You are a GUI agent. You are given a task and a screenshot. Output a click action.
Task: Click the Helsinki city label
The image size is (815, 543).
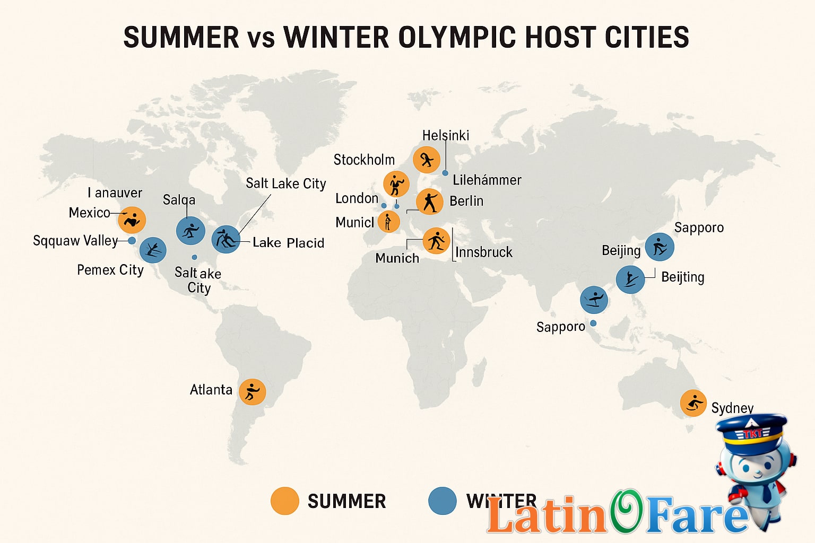point(446,136)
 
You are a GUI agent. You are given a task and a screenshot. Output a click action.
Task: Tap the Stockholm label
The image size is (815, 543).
point(364,160)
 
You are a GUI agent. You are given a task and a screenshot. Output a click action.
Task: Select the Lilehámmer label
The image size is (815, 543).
point(487,180)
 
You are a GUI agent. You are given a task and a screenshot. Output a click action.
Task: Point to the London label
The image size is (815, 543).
point(357,198)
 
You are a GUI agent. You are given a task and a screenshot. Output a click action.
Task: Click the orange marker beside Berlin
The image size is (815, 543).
point(429,202)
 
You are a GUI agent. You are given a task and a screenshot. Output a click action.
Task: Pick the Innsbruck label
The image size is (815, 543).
point(484,252)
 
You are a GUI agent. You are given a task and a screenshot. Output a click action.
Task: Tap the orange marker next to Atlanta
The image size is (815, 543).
point(252,392)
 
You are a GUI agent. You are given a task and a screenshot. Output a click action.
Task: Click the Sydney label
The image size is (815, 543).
point(732,408)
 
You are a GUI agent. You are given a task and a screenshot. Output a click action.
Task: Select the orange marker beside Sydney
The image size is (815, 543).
point(693,404)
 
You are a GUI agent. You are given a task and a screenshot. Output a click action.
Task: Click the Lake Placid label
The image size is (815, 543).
point(288,243)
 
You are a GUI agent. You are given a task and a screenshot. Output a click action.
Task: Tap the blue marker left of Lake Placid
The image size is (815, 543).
point(226,239)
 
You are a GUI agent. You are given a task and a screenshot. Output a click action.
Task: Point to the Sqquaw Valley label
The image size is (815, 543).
point(75,241)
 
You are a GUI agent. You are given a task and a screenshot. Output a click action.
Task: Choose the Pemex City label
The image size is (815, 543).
point(110,270)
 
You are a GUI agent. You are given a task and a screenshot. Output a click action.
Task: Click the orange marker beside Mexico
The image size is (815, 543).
point(132,220)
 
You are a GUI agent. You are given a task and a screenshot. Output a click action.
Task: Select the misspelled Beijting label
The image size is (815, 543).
point(682,277)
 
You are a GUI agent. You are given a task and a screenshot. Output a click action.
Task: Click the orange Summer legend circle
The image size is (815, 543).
point(284,501)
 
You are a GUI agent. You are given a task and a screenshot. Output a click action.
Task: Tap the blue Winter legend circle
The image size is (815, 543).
point(442,501)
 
